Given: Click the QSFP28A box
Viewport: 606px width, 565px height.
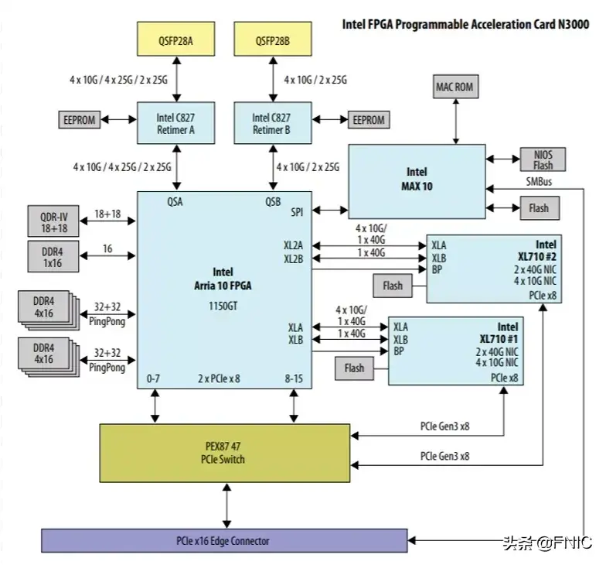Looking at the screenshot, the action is point(176,39).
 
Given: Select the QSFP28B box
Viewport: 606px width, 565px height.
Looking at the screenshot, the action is point(273,39).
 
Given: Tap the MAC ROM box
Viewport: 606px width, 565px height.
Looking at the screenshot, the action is point(456,87).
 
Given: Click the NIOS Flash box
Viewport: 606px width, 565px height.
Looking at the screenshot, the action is point(543,159).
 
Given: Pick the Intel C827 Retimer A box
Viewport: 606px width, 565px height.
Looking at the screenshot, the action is point(176,123).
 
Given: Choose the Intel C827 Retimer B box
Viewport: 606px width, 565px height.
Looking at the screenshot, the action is point(273,123).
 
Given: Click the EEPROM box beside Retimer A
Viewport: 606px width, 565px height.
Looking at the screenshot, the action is point(79,119).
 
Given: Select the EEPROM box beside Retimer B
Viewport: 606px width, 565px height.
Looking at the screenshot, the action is point(369,119).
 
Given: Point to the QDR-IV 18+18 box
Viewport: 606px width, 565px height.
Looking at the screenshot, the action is point(53,221).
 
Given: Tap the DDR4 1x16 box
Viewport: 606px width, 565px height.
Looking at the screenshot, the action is point(53,257).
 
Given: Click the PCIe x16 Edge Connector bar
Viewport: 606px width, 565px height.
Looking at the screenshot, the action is point(224,540).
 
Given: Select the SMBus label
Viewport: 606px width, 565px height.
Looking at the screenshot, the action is point(539,181).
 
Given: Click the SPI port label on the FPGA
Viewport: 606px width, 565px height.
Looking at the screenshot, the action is point(297,212).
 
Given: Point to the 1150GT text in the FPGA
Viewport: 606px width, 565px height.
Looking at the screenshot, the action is point(223,306).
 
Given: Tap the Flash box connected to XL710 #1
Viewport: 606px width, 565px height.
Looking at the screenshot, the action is point(354,368).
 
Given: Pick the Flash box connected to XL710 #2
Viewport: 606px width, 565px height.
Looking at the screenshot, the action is point(393,286).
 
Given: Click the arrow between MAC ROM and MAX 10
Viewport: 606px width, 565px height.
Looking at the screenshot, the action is point(456,122).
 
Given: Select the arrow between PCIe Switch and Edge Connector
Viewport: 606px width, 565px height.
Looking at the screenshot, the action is point(227,505).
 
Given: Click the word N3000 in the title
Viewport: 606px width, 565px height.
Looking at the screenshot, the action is point(574,25).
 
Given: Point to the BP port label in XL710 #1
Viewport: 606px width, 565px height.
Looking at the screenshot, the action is point(399,351).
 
